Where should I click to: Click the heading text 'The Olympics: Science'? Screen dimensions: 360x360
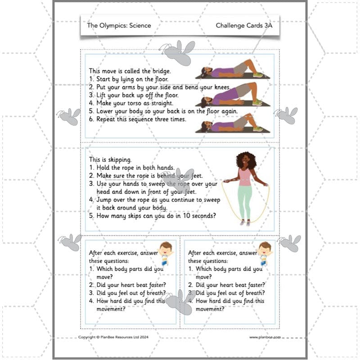[x=119, y=26]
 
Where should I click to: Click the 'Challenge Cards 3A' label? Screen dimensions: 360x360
[x=244, y=26]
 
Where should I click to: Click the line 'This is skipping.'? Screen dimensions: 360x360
[x=110, y=159]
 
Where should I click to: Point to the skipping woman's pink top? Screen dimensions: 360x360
[x=245, y=176]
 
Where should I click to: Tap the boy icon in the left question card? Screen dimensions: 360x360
[x=166, y=253]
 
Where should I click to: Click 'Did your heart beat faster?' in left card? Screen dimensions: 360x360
[x=127, y=285]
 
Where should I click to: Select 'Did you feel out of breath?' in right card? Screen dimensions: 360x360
[x=226, y=293]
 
